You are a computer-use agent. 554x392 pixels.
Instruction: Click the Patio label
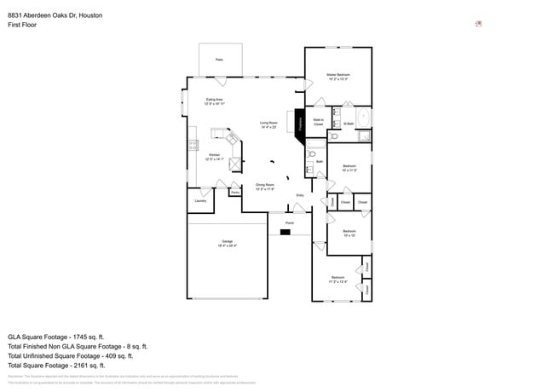tap(219, 60)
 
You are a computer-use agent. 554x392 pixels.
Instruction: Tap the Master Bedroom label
tap(338, 77)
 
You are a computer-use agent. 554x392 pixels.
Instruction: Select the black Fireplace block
tap(300, 123)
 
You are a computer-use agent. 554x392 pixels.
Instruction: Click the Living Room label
tap(268, 124)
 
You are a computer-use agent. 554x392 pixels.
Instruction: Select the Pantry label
tap(234, 193)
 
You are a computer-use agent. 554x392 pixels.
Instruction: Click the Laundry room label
tap(200, 201)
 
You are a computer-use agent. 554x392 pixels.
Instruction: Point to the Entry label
tap(299, 196)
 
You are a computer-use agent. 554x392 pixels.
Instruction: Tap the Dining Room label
tap(265, 187)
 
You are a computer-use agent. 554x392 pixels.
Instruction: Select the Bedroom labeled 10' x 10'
tap(349, 233)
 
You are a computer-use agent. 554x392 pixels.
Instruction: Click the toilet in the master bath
tap(333, 135)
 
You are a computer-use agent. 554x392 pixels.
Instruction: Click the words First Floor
tap(22, 25)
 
